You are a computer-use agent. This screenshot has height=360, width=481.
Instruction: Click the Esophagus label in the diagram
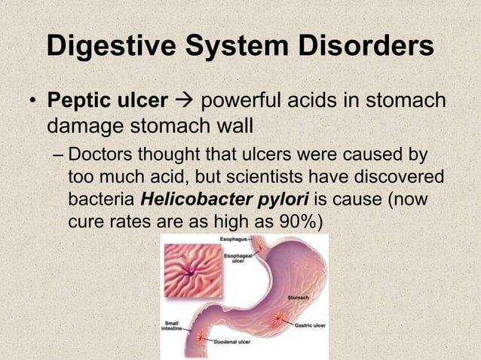coord(233,239)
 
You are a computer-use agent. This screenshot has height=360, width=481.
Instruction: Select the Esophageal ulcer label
coord(234,258)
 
